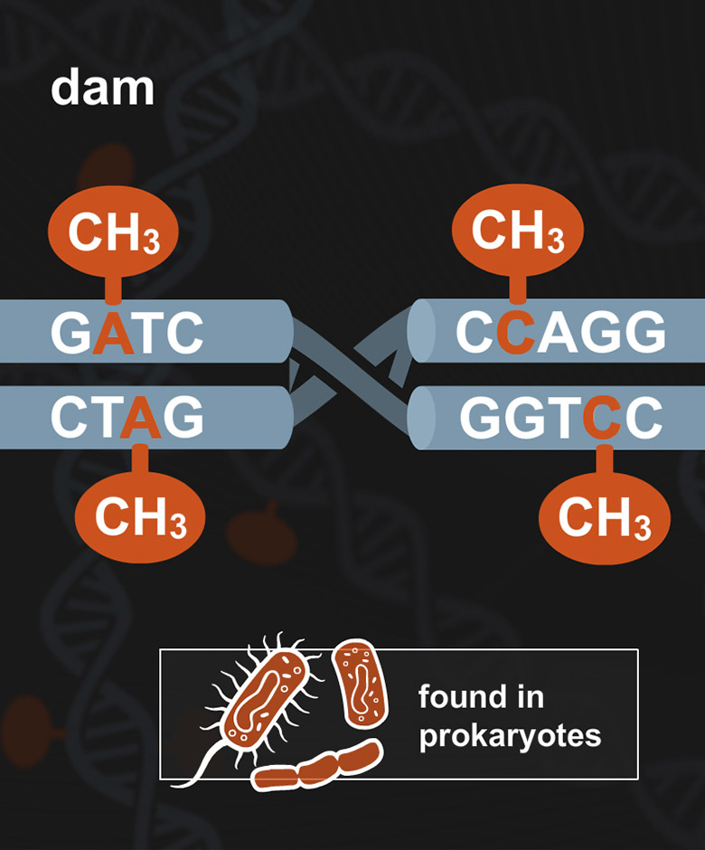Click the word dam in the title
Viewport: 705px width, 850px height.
coord(102,89)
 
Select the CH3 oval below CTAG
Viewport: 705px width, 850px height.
coord(140,517)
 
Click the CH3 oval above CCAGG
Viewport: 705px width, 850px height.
coord(518,231)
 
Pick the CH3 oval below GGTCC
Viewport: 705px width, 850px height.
coord(605,519)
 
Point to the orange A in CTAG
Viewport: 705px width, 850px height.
coord(140,418)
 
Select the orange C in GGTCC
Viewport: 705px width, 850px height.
coord(601,418)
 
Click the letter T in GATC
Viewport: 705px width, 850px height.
coord(148,334)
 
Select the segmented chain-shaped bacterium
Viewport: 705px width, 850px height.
coord(316,768)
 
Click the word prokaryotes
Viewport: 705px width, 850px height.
coord(510,736)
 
